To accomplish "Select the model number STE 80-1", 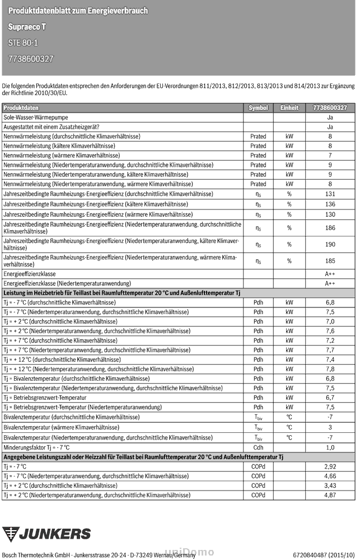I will [x=24, y=43].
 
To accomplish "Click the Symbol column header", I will [x=258, y=108].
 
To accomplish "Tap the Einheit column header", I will [x=289, y=108].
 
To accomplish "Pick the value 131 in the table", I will [x=330, y=194].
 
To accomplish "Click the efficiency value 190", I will [x=330, y=244].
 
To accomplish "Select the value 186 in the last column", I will [x=330, y=228].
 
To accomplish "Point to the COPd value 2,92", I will [x=330, y=466].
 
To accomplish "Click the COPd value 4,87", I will [x=330, y=495].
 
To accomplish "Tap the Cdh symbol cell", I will [x=258, y=447].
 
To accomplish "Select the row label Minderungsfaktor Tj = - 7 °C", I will [x=37, y=447].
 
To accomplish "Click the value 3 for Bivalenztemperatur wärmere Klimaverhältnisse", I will [x=330, y=427].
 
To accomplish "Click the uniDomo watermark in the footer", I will [x=188, y=553].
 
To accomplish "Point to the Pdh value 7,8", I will [x=330, y=369].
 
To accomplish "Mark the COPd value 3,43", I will [x=330, y=486].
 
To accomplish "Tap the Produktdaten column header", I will [x=21, y=108].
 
